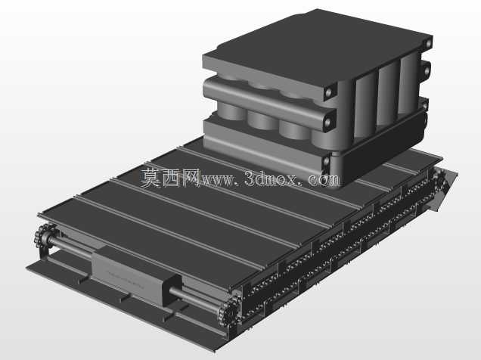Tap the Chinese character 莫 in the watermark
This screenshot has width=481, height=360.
pyautogui.click(x=151, y=178)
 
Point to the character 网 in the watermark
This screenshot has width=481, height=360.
pyautogui.click(x=191, y=178)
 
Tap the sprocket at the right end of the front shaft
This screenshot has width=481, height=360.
pyautogui.click(x=228, y=312)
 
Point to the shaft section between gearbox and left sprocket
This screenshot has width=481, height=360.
pyautogui.click(x=70, y=247)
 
